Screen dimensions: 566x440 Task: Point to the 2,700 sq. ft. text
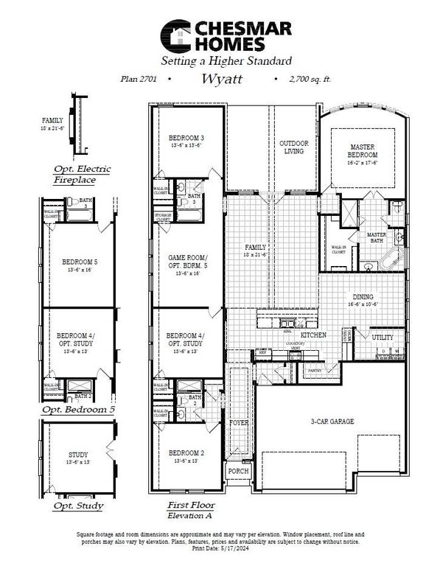[303, 77]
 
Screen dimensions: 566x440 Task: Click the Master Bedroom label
[363, 152]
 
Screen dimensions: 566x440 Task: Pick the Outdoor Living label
[293, 147]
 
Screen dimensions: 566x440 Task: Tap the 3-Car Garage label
[332, 421]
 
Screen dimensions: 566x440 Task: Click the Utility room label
[383, 338]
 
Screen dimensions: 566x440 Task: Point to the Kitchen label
[313, 335]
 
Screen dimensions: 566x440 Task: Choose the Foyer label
[239, 423]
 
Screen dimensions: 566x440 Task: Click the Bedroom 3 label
[186, 138]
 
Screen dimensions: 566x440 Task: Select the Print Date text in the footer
[220, 548]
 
